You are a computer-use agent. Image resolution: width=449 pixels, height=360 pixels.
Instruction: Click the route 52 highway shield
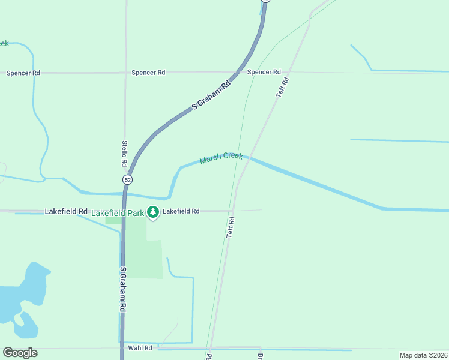(x=127, y=179)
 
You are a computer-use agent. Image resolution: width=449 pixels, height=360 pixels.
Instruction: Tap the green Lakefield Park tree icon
(x=154, y=212)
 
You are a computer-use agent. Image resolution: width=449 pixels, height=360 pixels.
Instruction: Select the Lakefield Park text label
(x=118, y=212)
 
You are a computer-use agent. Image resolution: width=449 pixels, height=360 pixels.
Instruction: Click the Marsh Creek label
(x=221, y=158)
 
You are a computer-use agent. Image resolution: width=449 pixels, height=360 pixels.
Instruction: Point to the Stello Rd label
(x=124, y=154)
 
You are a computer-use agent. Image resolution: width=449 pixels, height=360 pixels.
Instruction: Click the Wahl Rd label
(x=140, y=347)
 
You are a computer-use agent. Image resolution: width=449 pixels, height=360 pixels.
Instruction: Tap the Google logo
(x=20, y=353)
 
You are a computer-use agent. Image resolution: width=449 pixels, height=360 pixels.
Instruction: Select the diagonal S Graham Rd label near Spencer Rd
(x=211, y=95)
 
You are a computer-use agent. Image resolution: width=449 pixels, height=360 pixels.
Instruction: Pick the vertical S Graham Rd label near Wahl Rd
(x=122, y=289)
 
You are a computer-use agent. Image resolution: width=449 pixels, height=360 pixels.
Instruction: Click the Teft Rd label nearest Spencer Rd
(x=282, y=88)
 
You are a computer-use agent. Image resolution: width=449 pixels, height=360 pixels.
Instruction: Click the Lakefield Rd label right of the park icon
(x=181, y=211)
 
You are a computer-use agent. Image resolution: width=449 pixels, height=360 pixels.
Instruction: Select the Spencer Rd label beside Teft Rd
(x=264, y=72)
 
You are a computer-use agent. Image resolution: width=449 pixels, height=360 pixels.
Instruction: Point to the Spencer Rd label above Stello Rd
(x=148, y=73)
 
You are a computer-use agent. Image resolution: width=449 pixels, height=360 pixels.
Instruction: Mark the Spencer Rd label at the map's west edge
(x=23, y=73)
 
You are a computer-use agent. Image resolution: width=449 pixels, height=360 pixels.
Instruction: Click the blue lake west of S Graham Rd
(x=24, y=300)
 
